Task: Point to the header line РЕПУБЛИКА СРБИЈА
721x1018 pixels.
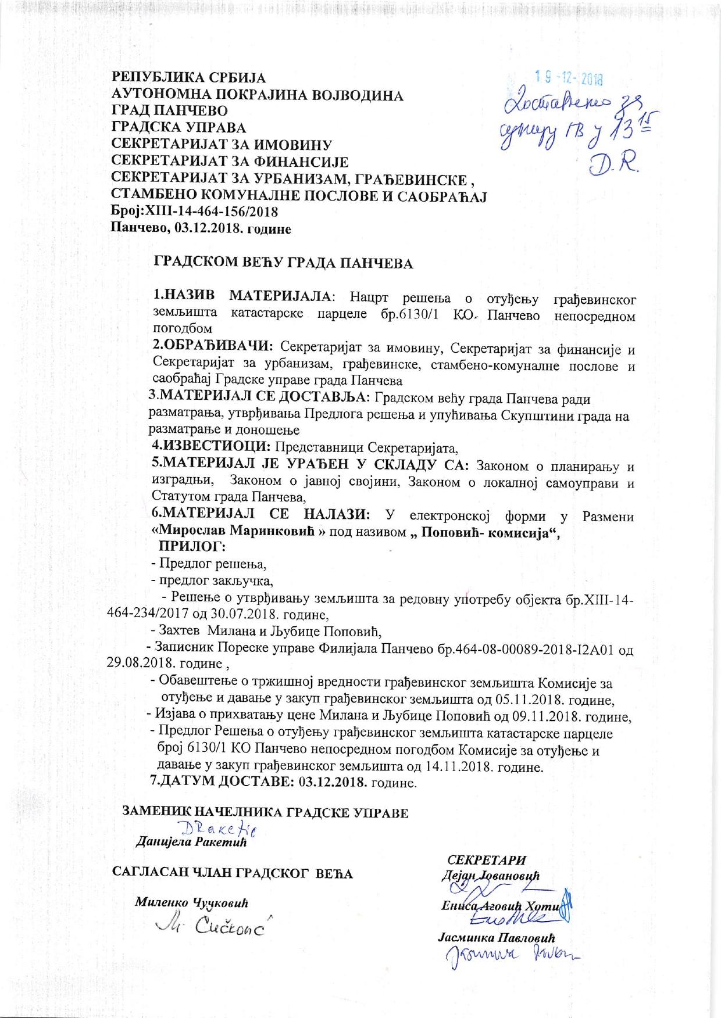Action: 189,78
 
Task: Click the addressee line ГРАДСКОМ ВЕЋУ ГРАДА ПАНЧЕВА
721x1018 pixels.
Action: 283,263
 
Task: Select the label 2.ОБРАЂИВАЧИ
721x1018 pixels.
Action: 212,346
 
